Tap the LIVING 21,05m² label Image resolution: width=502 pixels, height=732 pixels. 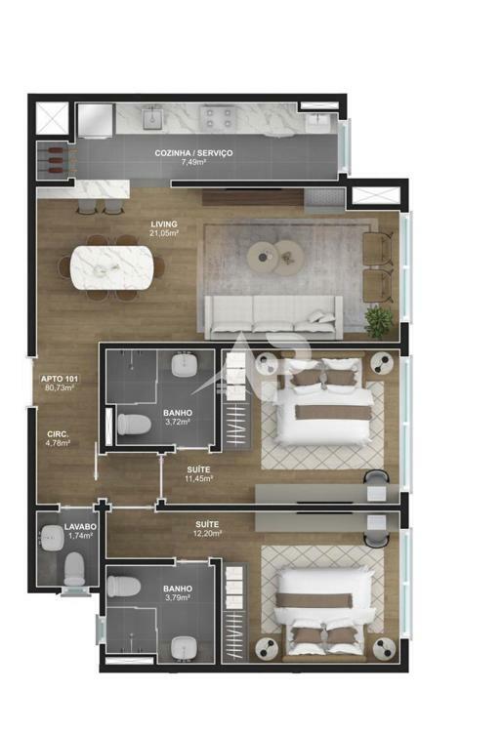tap(164, 227)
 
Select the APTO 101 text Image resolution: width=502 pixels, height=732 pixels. tap(60, 379)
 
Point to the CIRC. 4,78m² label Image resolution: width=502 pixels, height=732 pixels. tap(58, 439)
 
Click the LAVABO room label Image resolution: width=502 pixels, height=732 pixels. tap(80, 527)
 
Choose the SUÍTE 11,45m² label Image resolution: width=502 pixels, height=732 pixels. tap(198, 473)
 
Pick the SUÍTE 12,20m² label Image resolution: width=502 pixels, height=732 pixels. tap(207, 529)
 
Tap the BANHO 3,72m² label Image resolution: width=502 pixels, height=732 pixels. tap(178, 418)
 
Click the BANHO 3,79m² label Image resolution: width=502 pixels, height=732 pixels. tap(178, 593)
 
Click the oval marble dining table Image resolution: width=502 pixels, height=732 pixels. tap(111, 267)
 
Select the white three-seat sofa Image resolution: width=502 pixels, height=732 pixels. tap(273, 317)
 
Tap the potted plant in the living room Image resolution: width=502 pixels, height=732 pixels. tap(379, 320)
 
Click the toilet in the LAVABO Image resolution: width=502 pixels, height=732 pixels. tap(74, 569)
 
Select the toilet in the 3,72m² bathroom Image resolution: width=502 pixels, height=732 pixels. tap(134, 425)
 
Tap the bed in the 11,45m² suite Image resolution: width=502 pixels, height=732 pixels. tap(323, 401)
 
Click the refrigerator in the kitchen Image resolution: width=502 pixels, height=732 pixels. tap(96, 121)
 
